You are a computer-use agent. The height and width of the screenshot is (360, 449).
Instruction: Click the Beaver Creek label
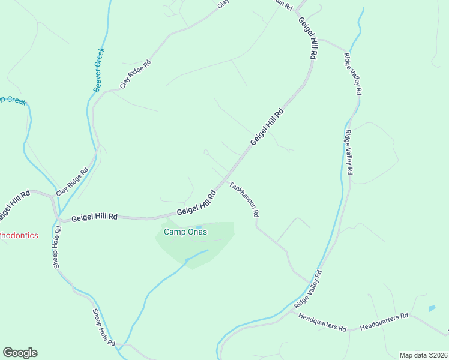99,69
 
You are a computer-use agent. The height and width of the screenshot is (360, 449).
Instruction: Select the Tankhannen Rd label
244,199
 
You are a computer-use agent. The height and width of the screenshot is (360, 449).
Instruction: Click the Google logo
20,353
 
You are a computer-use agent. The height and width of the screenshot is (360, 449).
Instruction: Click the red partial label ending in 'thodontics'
19,235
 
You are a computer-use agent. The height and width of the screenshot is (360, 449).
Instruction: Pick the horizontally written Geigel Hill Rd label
94,218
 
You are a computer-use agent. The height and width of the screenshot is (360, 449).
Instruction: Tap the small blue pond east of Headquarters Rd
432,308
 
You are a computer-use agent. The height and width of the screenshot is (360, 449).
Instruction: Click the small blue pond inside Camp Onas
199,227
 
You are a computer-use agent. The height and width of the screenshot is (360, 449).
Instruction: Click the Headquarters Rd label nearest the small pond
384,322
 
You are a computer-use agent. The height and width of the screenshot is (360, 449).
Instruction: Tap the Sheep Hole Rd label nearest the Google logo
103,327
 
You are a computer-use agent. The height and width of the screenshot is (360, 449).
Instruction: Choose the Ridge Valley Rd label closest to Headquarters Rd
307,290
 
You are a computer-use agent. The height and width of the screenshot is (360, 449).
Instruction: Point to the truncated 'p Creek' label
13,101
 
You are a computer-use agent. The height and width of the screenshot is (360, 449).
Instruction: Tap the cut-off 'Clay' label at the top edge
223,4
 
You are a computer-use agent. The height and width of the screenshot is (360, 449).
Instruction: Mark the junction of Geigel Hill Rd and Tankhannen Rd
226,179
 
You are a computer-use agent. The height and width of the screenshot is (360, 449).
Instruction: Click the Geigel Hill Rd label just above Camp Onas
196,204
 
